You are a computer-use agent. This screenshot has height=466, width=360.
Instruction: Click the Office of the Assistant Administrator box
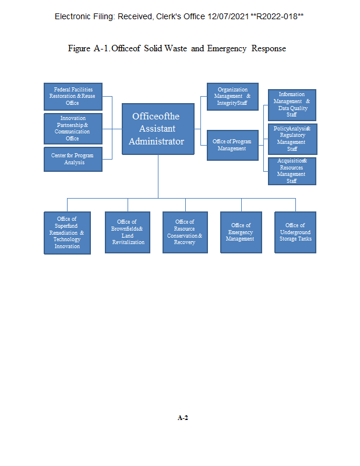(157, 129)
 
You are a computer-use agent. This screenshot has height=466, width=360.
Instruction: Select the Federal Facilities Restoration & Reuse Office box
(73, 96)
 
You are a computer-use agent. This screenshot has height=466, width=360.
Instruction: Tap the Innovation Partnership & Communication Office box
(73, 128)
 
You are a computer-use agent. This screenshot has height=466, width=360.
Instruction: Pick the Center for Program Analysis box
(73, 159)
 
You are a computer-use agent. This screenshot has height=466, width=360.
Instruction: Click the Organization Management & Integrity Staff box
(232, 96)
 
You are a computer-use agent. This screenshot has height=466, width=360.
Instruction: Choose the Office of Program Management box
(232, 144)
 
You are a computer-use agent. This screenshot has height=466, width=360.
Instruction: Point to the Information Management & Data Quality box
(292, 105)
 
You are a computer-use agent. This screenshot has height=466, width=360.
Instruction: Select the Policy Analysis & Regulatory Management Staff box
(292, 139)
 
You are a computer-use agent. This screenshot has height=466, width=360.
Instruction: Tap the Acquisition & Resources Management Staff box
(292, 171)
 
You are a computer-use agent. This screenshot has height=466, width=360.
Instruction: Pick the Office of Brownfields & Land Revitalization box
(128, 232)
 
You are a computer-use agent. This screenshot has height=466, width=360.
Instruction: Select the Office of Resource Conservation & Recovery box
(185, 232)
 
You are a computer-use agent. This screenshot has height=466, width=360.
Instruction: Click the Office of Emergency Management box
(241, 232)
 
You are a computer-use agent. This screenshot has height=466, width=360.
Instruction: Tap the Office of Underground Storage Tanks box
(295, 232)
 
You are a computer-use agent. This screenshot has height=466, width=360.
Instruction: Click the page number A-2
(183, 418)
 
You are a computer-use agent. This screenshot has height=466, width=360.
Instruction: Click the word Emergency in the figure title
(227, 48)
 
